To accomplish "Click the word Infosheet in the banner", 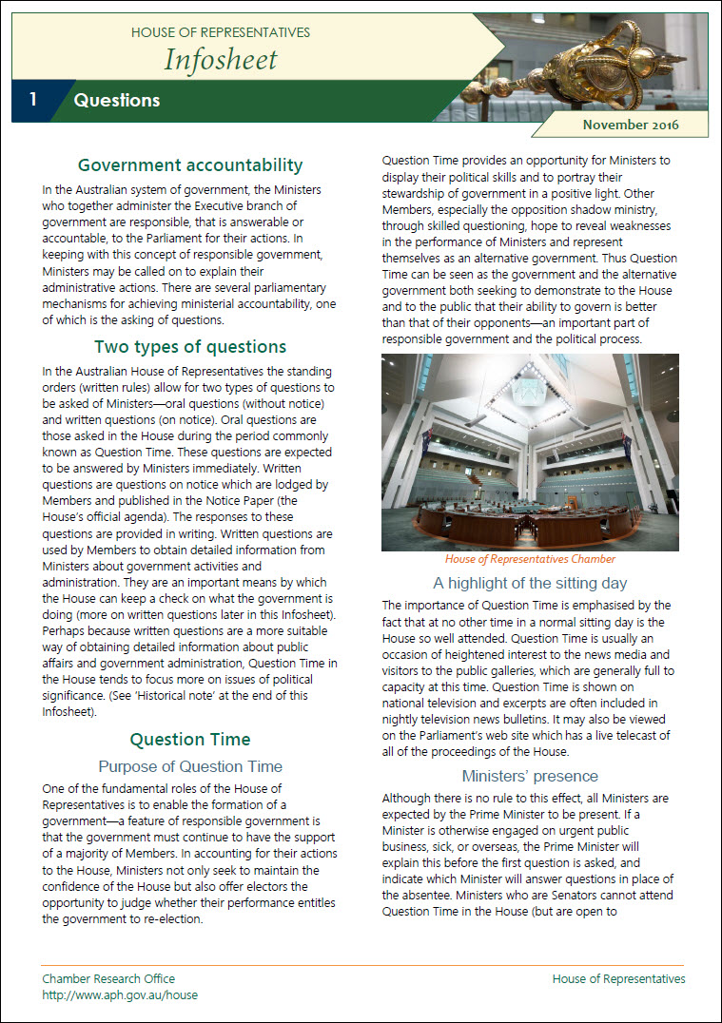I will pos(221,59).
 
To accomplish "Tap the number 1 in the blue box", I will pos(33,100).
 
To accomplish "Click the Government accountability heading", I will pos(190,165).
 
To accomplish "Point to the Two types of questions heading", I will pos(190,346).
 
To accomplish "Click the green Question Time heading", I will pos(190,739).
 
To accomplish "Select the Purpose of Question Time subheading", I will pos(190,766).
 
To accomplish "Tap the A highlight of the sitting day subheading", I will pos(530,583).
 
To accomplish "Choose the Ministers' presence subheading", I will pos(530,776).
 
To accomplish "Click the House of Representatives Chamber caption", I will pos(530,559).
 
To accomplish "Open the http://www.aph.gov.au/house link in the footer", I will pos(120,994).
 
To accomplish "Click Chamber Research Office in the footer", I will pos(108,978).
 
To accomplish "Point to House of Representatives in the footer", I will pos(618,978).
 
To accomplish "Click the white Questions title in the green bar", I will pos(117,100).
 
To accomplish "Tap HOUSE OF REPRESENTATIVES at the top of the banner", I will pos(221,32).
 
